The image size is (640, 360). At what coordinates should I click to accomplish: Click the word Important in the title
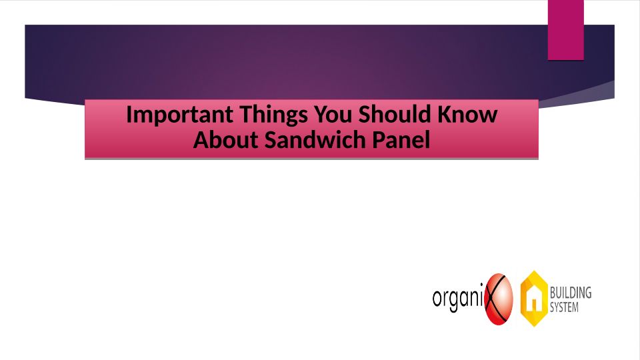click(179, 115)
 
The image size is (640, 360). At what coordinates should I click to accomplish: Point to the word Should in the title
click(395, 114)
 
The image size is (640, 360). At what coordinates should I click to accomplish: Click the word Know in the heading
click(468, 114)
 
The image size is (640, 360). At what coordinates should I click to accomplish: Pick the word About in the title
click(226, 139)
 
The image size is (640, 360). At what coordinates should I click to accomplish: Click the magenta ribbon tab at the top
click(566, 30)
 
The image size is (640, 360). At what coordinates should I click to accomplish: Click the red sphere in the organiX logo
click(499, 299)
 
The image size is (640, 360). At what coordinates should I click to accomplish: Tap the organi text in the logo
click(459, 298)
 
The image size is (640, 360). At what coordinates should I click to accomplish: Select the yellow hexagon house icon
click(533, 299)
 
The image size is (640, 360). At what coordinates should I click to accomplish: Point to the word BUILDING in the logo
click(571, 293)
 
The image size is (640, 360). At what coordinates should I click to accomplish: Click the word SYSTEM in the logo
click(564, 307)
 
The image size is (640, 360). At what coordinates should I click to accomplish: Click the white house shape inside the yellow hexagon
click(533, 300)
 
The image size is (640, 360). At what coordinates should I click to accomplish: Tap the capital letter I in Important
click(129, 114)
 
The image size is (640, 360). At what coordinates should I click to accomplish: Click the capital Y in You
click(321, 114)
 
